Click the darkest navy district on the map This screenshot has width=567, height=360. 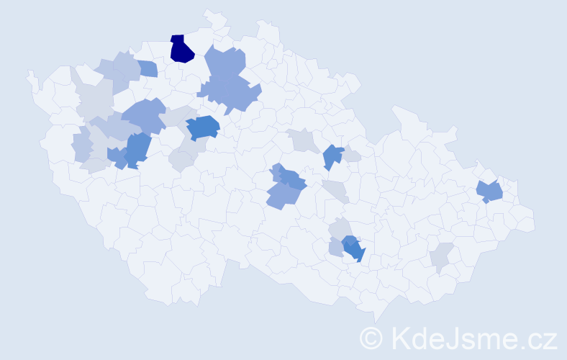pos(181,49)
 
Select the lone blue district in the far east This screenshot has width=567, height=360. pos(491,192)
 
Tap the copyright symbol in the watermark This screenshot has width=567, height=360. pos(371,337)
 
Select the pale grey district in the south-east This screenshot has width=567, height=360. pos(441,256)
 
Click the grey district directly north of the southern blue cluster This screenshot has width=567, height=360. pos(340,229)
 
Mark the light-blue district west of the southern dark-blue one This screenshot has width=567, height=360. pos(336,248)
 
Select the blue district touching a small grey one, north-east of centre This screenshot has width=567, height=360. pos(332,156)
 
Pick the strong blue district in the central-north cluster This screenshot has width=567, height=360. pos(203,127)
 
